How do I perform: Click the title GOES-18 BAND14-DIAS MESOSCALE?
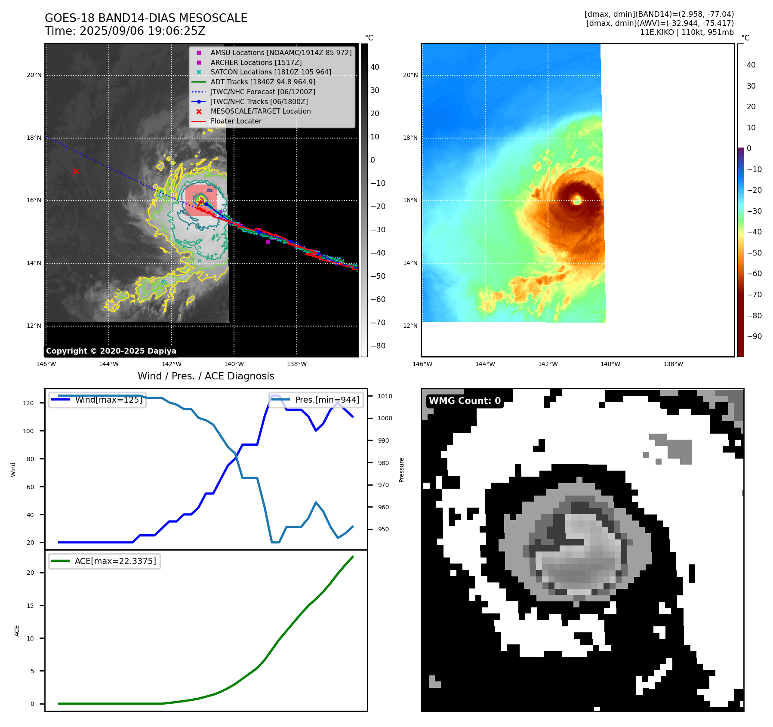point(146,18)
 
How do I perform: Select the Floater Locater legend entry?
point(236,121)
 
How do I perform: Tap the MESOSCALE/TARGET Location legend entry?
point(260,111)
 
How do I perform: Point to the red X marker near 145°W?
point(76,172)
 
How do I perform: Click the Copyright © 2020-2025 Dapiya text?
point(111,351)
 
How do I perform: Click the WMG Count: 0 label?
point(465,401)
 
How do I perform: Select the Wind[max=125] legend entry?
point(108,400)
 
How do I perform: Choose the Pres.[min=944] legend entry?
point(327,400)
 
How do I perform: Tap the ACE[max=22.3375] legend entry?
point(115,561)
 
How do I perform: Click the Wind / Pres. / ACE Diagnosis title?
point(206,376)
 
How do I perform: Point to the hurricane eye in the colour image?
point(577,200)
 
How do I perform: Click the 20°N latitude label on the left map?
point(34,75)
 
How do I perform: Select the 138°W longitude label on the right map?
point(673,364)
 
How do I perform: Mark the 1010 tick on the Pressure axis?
point(385,396)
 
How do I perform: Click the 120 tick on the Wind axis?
point(28,403)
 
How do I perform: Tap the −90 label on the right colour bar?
point(754,336)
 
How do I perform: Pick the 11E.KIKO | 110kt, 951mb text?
point(687,32)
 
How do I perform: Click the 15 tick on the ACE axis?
point(30,606)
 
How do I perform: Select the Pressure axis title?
point(402,470)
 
